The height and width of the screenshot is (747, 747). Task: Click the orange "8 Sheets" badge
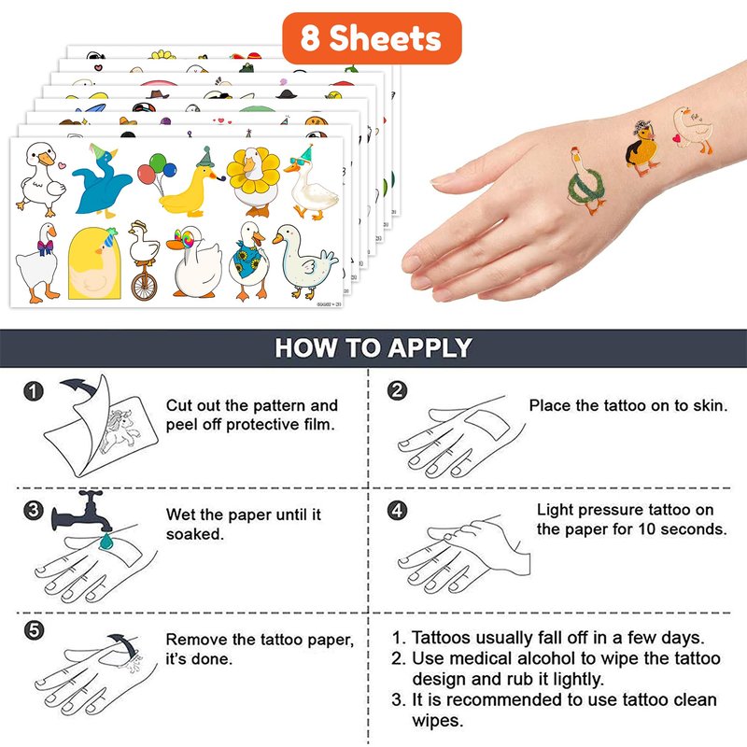(x=372, y=38)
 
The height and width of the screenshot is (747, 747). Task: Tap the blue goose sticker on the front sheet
(x=101, y=181)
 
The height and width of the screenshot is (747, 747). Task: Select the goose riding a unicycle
(x=144, y=261)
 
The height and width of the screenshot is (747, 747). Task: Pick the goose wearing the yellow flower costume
(x=253, y=181)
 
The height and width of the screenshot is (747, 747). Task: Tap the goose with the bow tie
(x=39, y=262)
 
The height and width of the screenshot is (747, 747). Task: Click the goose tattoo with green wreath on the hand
(x=586, y=181)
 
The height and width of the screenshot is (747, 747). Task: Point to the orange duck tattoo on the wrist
(x=642, y=148)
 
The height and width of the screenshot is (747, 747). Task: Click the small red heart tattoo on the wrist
(x=676, y=138)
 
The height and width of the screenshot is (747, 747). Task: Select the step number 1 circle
(x=33, y=391)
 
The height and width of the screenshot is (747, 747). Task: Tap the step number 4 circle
(x=397, y=510)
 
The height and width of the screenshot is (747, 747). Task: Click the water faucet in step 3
(x=82, y=511)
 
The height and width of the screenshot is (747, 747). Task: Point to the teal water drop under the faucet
(x=106, y=542)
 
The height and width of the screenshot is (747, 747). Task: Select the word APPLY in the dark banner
(x=430, y=347)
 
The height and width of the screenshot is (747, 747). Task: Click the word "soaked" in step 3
(x=195, y=534)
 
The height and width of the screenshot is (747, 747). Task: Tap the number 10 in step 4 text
(x=647, y=529)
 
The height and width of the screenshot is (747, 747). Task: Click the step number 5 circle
(x=34, y=630)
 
